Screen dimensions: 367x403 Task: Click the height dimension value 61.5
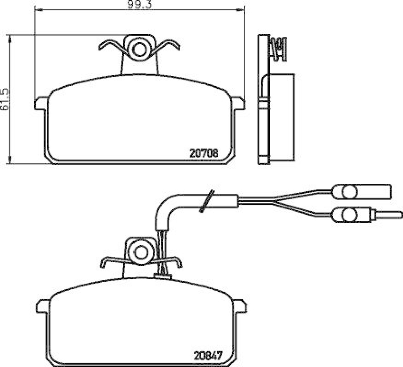[5, 100]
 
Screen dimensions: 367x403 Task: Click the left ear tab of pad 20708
[40, 104]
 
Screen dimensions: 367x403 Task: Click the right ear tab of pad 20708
[238, 104]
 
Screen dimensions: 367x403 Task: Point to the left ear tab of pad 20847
[42, 306]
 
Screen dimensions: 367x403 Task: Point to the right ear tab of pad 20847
[239, 306]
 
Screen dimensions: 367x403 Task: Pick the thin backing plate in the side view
[263, 101]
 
